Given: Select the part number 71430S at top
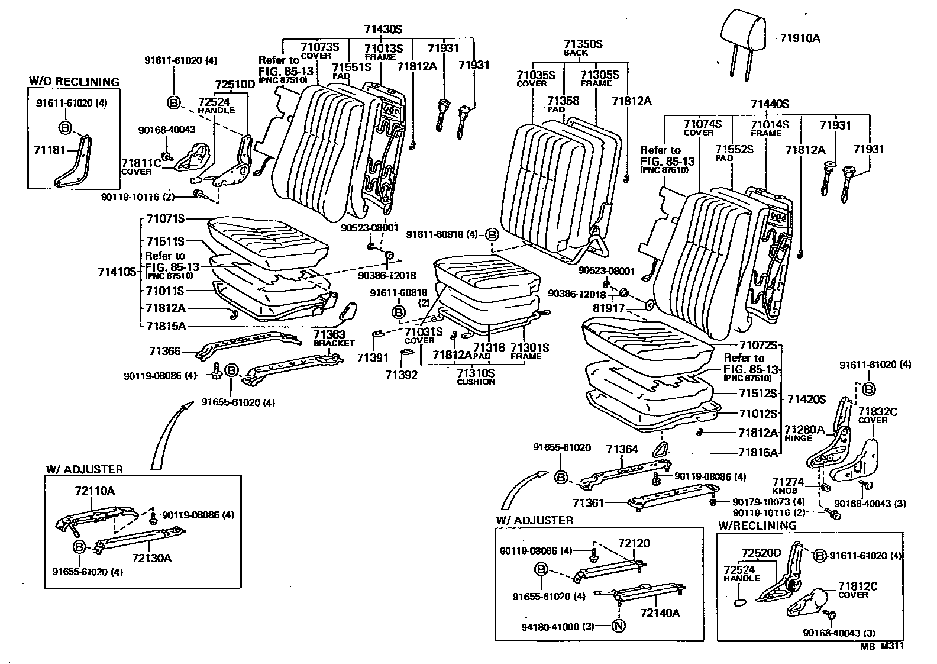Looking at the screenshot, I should (x=383, y=30).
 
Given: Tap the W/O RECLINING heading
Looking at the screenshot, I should (x=74, y=82).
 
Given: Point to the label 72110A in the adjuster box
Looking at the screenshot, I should (x=95, y=491).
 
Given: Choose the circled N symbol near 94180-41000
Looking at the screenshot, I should (x=618, y=626).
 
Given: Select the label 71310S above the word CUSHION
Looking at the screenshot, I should (x=476, y=373).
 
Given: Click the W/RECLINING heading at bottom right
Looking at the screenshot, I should (x=757, y=525).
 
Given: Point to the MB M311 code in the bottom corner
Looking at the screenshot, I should (x=882, y=646).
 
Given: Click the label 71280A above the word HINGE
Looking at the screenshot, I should (x=804, y=429).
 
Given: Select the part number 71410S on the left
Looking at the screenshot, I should (x=117, y=272).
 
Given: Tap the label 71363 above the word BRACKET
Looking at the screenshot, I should (x=329, y=334).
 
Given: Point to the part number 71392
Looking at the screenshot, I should (x=402, y=375).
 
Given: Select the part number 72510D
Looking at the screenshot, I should (x=235, y=84).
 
